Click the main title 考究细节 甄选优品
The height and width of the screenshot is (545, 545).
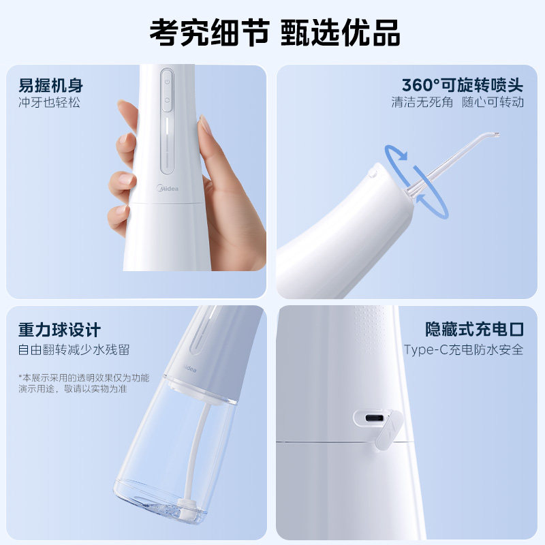click(x=272, y=31)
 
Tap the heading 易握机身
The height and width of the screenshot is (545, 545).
click(x=51, y=87)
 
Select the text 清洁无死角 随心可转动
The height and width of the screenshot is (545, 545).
click(x=457, y=103)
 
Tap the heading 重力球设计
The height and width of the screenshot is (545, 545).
click(x=60, y=331)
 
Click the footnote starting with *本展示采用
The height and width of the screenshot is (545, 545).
click(x=83, y=383)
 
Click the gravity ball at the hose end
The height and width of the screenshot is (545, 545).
click(x=183, y=508)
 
